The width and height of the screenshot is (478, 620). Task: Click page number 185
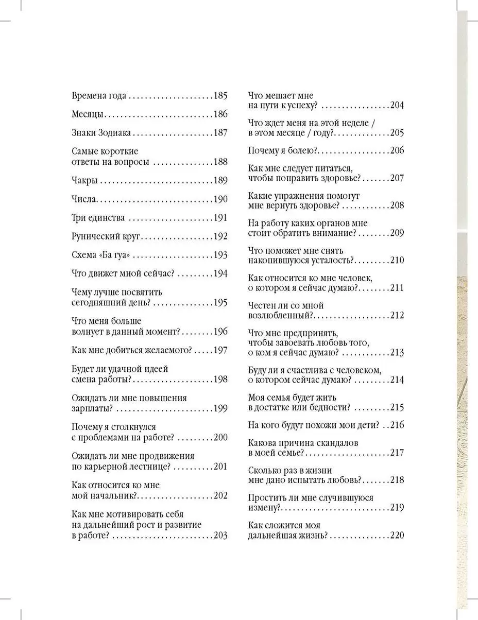220,96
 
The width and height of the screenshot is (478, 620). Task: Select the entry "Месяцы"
88,115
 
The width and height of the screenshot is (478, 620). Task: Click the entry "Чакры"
85,181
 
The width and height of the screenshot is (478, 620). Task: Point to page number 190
220,199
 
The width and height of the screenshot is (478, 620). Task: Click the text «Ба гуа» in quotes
114,255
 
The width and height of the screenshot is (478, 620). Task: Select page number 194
220,273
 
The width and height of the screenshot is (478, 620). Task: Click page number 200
220,438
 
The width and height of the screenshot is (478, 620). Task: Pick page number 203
220,536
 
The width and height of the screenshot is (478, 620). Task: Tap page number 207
397,178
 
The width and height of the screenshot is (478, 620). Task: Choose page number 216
397,425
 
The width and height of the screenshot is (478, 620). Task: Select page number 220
397,536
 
